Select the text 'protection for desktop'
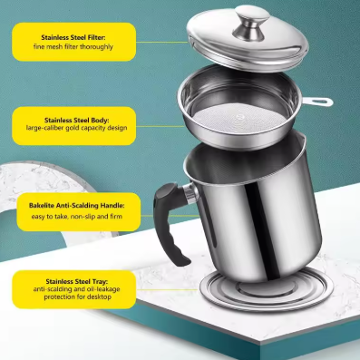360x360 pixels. coord(71,300)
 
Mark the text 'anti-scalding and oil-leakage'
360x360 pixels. coord(71,292)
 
